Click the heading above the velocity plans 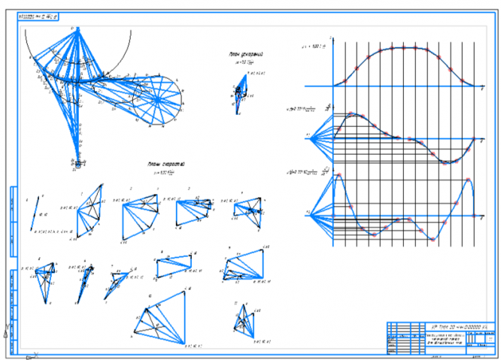coord(167,163)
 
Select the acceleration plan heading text coord(246,55)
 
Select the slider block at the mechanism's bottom coord(76,161)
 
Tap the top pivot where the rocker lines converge coord(74,29)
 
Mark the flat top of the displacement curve coord(404,48)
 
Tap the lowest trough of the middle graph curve coord(449,162)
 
